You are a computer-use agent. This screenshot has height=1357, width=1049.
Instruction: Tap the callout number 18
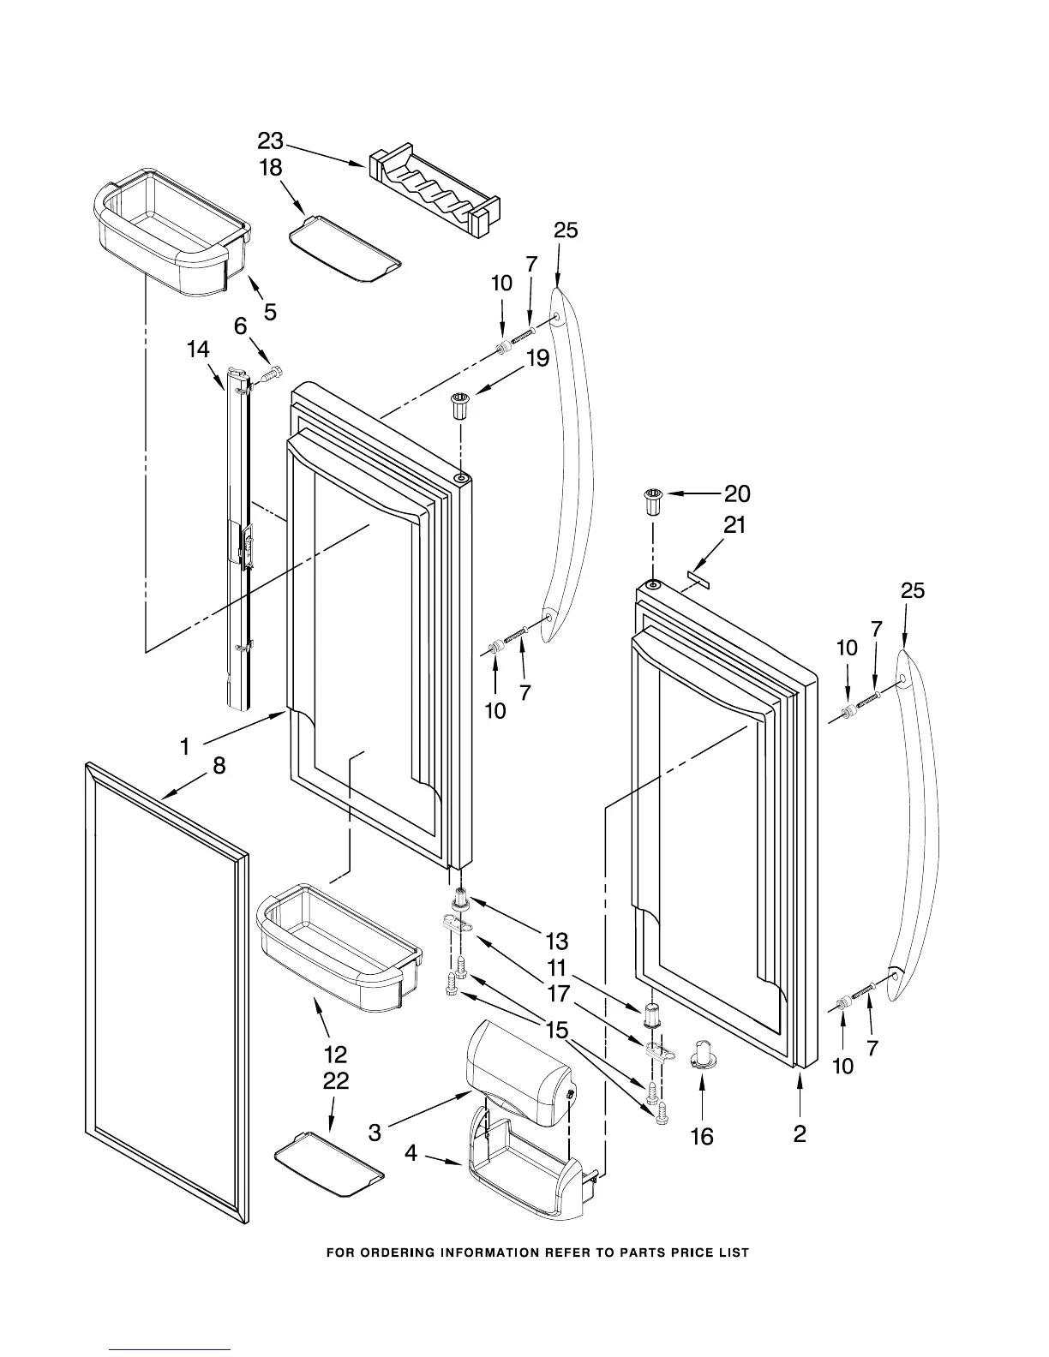(x=271, y=168)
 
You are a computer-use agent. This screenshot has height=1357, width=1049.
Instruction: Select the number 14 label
(x=198, y=350)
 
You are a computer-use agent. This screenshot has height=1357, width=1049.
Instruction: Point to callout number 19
(x=537, y=358)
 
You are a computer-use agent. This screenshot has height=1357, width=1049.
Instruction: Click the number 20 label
(x=737, y=493)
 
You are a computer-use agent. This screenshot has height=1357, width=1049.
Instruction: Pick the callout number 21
(x=734, y=525)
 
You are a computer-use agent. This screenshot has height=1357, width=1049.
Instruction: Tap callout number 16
(x=702, y=1136)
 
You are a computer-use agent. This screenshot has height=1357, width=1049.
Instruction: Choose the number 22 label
(x=336, y=1081)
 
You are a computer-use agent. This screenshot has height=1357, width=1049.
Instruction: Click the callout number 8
(x=219, y=765)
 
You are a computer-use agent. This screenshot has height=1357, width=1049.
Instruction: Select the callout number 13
(x=557, y=942)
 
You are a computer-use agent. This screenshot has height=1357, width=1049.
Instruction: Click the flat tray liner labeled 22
(x=329, y=1163)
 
